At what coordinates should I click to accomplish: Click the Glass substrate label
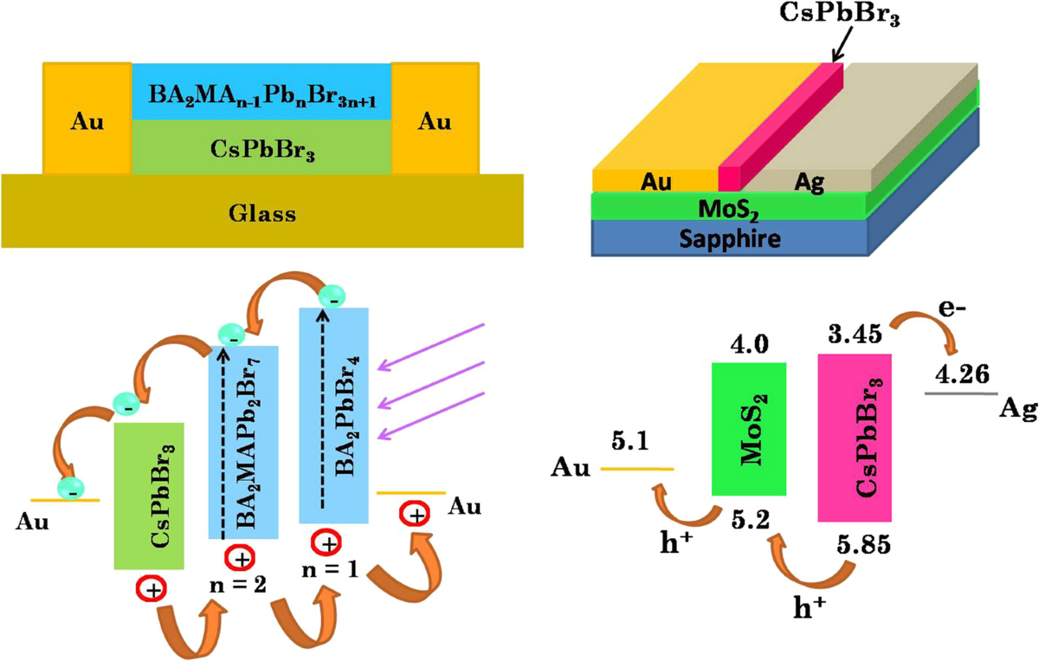click(262, 213)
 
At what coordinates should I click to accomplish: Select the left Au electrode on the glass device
click(87, 122)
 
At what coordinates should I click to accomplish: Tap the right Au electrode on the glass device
click(435, 122)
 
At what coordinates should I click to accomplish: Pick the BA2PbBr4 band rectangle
click(334, 414)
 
